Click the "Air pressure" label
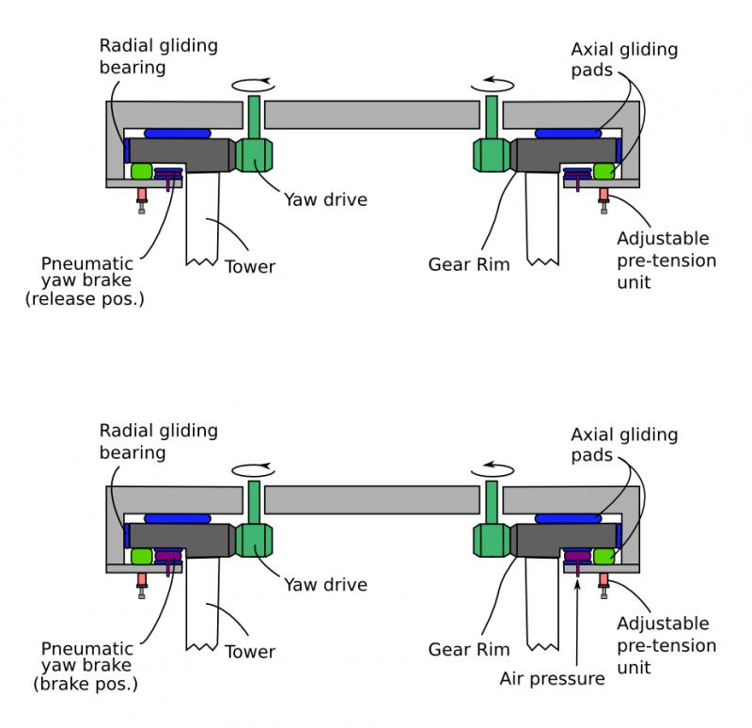(552, 678)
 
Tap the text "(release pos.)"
(85, 299)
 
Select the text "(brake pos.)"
(86, 684)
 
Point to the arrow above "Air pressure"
(577, 623)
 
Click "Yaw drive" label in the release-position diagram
(325, 199)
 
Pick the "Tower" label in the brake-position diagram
(250, 652)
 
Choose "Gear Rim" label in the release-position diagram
(468, 264)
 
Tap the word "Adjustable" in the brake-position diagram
(663, 624)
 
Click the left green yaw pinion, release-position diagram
(254, 154)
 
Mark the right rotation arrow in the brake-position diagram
(493, 470)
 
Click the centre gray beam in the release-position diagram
(372, 115)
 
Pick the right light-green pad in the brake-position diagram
(603, 556)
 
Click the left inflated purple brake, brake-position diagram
(168, 556)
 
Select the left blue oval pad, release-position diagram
(178, 134)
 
